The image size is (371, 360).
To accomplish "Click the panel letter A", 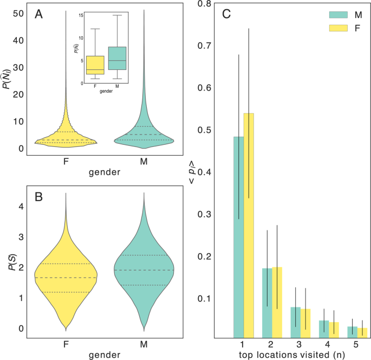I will coord(39,15).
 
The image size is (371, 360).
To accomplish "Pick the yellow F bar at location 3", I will coord(305,323).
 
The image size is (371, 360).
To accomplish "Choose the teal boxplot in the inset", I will coord(118,58).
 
